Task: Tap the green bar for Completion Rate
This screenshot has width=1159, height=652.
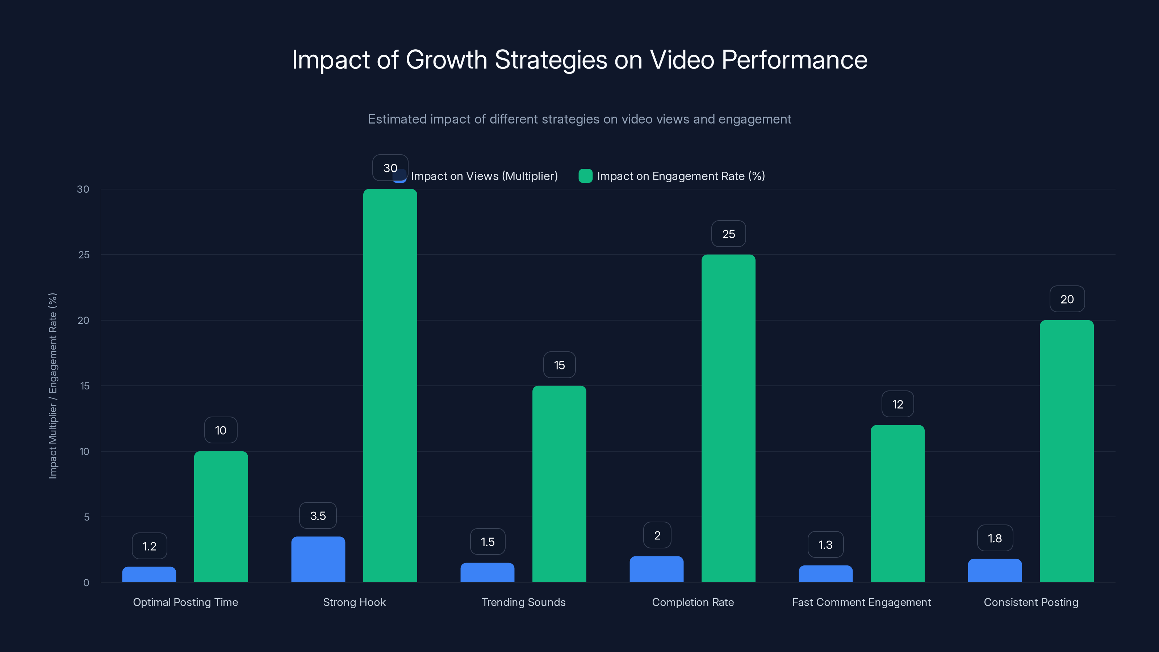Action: click(x=728, y=418)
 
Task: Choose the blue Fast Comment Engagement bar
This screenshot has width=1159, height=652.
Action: click(x=826, y=574)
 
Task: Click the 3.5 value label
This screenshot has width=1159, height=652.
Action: click(x=318, y=516)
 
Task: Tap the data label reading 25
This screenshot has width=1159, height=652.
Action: click(x=728, y=234)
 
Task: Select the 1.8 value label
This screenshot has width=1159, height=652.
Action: click(x=995, y=538)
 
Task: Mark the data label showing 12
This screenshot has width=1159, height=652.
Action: click(x=898, y=404)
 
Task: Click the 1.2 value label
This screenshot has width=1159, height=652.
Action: click(x=149, y=546)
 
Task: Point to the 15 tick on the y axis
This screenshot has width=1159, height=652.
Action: click(x=85, y=386)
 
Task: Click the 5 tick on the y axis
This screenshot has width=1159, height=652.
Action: click(x=87, y=517)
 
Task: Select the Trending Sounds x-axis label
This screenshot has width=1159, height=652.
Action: click(x=523, y=602)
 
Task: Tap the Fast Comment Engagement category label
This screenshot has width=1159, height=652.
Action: click(x=861, y=602)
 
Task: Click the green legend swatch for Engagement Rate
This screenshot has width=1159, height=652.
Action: click(x=585, y=176)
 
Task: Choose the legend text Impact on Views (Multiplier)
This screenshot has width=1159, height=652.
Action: click(x=484, y=176)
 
